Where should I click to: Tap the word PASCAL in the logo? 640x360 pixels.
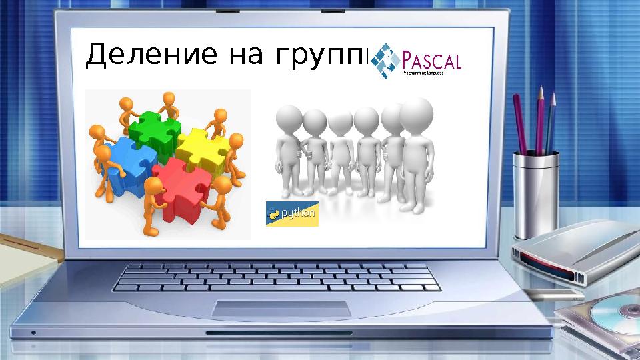[433, 61]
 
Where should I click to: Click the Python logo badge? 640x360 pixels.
[292, 213]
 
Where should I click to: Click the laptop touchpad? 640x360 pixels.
[281, 309]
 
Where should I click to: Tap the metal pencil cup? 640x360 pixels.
[535, 194]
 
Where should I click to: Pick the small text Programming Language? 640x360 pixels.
[422, 74]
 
